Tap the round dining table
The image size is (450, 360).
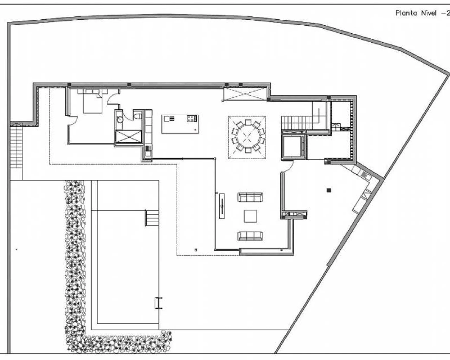point(247,137)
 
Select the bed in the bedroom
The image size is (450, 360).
point(92,102)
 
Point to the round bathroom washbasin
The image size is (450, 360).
point(120,120)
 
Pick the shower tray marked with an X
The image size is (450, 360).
point(128,137)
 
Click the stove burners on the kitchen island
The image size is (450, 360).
point(191,118)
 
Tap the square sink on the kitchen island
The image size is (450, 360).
point(167,118)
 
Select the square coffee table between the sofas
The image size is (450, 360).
point(250,216)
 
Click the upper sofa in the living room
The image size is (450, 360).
point(250,197)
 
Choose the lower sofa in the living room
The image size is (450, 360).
point(250,236)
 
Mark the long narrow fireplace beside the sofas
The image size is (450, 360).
point(222,206)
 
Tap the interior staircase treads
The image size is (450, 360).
point(297,123)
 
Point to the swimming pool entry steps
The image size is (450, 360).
point(152,218)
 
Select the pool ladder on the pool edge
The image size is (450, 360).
point(159,303)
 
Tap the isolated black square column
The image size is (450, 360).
point(329,190)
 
